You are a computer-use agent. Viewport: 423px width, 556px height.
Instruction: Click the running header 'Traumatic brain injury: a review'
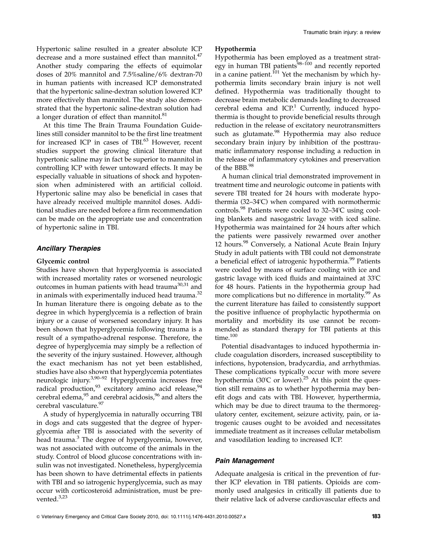341,32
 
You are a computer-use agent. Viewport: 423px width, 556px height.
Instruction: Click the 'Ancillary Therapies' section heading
69,248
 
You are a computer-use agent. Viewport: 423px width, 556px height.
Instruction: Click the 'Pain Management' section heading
245,461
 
